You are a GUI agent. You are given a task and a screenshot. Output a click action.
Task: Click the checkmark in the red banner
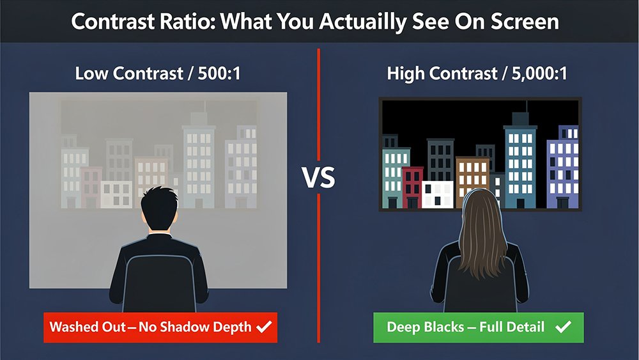coord(263,327)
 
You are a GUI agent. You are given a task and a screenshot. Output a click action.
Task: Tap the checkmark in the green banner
coord(563,327)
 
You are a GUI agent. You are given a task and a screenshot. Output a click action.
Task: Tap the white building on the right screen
coord(438,194)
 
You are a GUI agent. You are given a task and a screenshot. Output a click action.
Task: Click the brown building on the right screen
coord(472,176)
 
